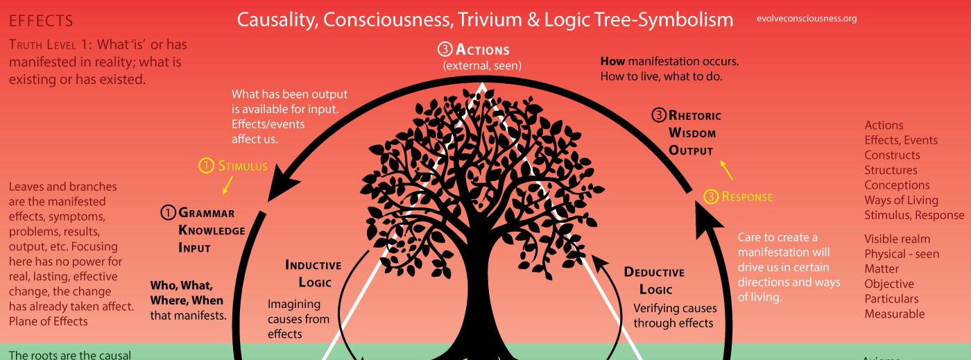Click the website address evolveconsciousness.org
[x=807, y=19]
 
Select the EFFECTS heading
[x=41, y=22]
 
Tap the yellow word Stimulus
[x=243, y=166]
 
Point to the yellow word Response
[x=747, y=197]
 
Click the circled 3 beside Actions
[x=445, y=50]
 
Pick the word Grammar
[x=207, y=213]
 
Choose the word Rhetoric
[x=695, y=116]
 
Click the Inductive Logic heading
[x=313, y=273]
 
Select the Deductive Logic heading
[x=654, y=280]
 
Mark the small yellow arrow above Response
[x=726, y=169]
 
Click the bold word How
[x=612, y=61]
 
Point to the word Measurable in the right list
[x=894, y=314]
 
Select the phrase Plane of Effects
[x=49, y=320]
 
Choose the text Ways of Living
[x=901, y=200]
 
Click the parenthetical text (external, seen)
[x=482, y=66]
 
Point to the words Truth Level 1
[x=48, y=45]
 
